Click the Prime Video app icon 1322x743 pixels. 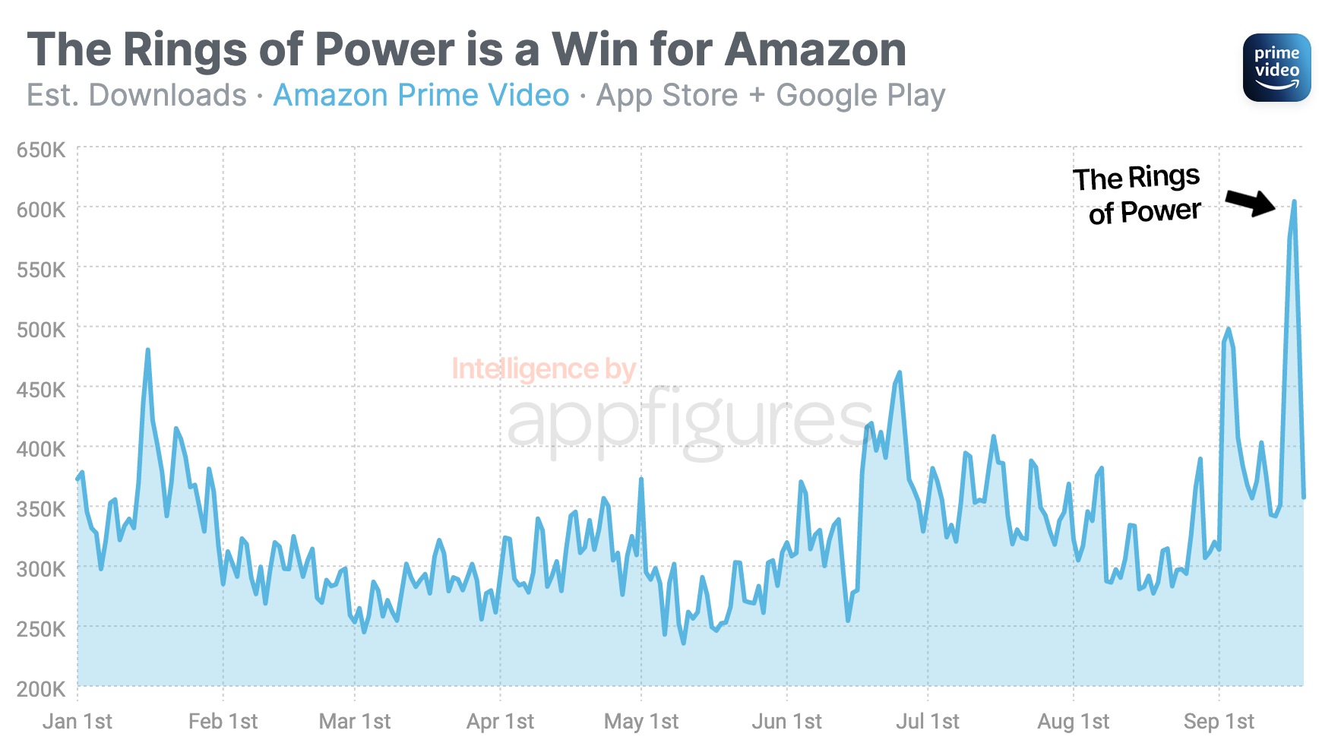pos(1276,68)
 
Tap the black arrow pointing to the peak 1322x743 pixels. pos(1251,202)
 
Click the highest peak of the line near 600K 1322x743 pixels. pos(1294,202)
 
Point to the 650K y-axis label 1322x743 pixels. pos(41,150)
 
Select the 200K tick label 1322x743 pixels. pos(41,689)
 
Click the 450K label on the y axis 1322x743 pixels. pos(41,390)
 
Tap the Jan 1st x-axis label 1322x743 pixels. pos(77,721)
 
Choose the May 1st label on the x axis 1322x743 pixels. pos(641,721)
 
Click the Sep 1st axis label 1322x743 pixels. pos(1219,721)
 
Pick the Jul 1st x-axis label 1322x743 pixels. pos(927,721)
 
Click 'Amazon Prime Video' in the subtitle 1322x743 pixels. pos(421,96)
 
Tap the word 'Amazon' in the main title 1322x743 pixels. pos(815,50)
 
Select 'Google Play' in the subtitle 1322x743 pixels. pos(860,96)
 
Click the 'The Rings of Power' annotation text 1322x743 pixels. pos(1137,195)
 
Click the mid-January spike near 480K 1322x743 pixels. pos(147,350)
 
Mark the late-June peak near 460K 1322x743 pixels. pos(900,372)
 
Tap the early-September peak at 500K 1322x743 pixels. pos(1228,329)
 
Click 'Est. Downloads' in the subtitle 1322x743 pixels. pos(137,96)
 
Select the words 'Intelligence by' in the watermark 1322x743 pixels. pos(543,369)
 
